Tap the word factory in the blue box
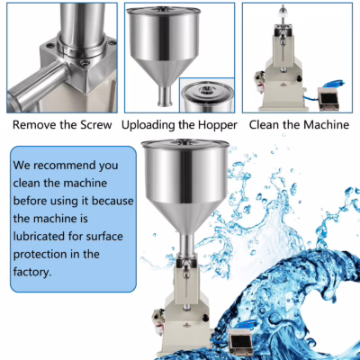(31, 272)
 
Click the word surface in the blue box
(104, 237)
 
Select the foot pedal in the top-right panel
(328, 100)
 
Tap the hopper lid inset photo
(207, 95)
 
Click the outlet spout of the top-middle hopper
(165, 95)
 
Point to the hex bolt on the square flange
(85, 63)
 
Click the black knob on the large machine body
(206, 318)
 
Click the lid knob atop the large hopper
(185, 140)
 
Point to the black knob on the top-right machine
(299, 78)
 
